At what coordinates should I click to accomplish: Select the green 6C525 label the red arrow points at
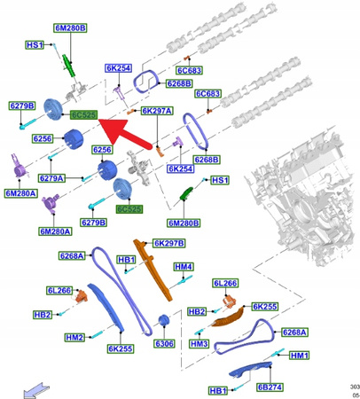click(x=83, y=115)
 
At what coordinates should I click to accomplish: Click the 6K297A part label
click(x=157, y=111)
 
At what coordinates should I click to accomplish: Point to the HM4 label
click(x=184, y=267)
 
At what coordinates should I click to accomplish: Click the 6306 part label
click(x=165, y=343)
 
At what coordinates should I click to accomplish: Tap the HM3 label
click(x=199, y=344)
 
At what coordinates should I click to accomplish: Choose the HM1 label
click(x=299, y=356)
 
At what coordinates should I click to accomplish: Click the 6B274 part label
click(x=270, y=387)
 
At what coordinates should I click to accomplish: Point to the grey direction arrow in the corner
click(x=36, y=387)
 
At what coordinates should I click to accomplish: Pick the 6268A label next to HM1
click(x=294, y=332)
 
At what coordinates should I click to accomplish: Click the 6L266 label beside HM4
click(x=225, y=284)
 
